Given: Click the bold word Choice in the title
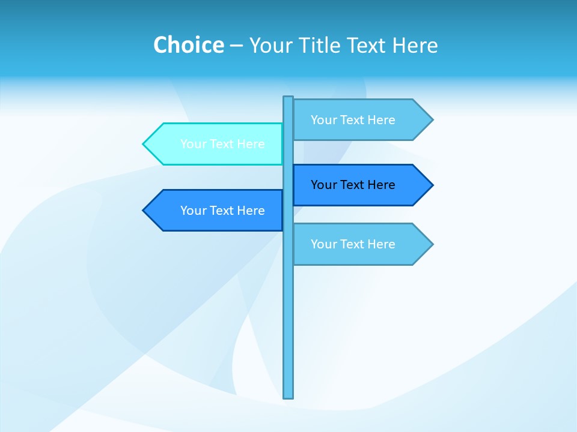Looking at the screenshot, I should pos(188,45).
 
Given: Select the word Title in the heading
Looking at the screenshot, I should pos(322,45).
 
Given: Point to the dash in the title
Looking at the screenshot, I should pos(236,46).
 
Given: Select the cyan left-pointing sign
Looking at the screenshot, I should pos(216,144).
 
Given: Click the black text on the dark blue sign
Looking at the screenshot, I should pos(353,185).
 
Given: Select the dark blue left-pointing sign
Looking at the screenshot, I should pos(216,211).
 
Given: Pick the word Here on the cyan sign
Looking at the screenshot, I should pos(251,144).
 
